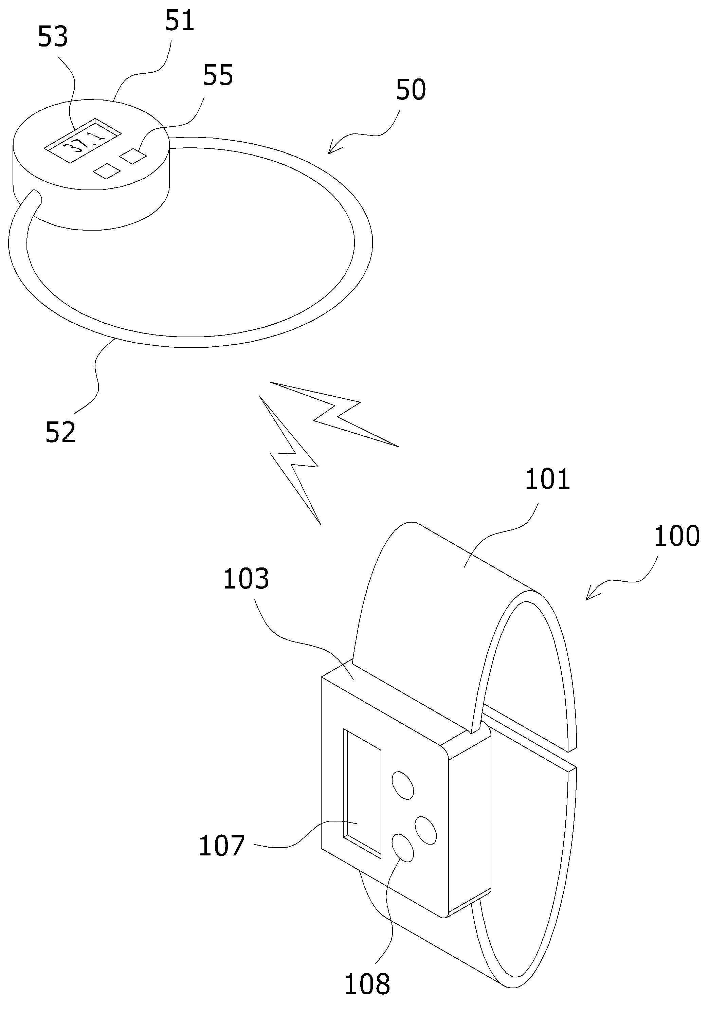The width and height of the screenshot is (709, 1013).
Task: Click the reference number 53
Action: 53,37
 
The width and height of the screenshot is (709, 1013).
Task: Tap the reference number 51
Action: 180,21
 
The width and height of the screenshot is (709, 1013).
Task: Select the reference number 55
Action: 218,75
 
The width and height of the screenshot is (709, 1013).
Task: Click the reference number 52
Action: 61,432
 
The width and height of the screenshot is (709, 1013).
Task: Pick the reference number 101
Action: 547,479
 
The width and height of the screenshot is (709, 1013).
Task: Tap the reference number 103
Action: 246,579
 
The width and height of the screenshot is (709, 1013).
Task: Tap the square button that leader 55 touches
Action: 133,156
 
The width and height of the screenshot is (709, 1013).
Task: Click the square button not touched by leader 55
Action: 106,171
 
